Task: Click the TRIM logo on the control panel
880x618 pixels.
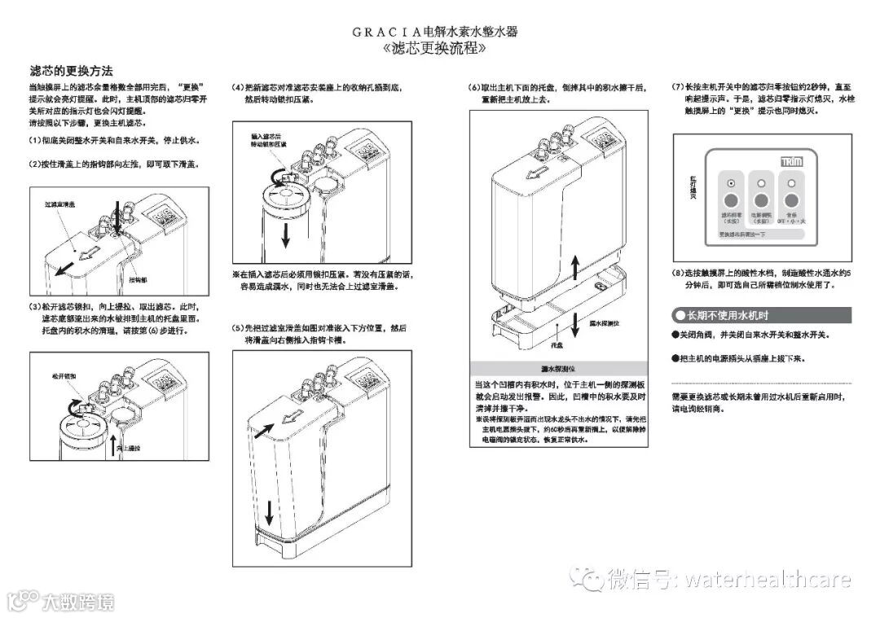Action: pyautogui.click(x=791, y=161)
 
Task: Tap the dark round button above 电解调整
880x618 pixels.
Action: pyautogui.click(x=761, y=200)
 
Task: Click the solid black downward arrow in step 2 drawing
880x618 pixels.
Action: pyautogui.click(x=117, y=220)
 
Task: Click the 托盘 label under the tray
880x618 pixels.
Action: pyautogui.click(x=557, y=346)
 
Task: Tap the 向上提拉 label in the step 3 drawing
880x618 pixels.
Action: pyautogui.click(x=129, y=448)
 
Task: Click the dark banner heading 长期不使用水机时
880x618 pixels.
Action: pyautogui.click(x=761, y=315)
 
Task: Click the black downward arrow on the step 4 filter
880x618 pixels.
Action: pyautogui.click(x=285, y=234)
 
